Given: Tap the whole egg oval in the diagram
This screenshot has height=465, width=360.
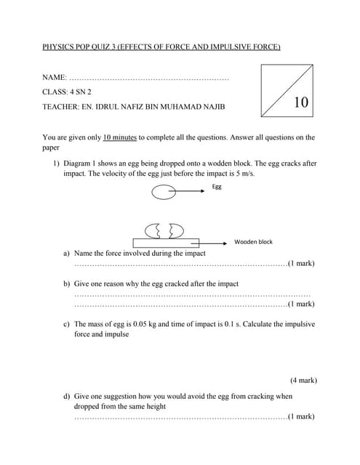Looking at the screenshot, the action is point(164,192).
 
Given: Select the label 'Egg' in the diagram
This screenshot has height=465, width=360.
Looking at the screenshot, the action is point(217,186).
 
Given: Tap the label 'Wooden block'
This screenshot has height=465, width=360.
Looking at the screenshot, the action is point(253,242).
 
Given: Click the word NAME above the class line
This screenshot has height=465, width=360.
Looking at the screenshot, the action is point(53,76).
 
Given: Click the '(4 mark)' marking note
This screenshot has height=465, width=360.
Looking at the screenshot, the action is point(303,380).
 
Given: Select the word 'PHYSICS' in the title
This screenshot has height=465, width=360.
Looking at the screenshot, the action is point(59,47).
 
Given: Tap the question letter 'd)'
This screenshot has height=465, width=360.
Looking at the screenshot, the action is point(67,397).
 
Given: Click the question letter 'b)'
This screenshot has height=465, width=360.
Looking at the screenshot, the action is point(67,283).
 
